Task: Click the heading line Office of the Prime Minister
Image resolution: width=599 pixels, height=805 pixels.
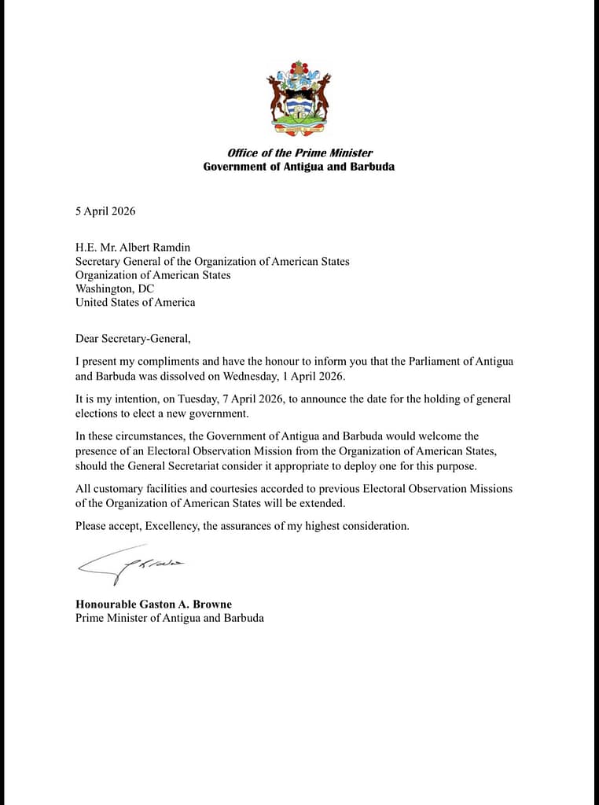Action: pyautogui.click(x=299, y=153)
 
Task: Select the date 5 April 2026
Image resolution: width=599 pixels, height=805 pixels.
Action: pyautogui.click(x=105, y=211)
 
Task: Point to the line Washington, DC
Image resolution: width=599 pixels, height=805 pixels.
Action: pyautogui.click(x=115, y=289)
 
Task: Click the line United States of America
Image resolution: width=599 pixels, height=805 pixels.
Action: pyautogui.click(x=135, y=302)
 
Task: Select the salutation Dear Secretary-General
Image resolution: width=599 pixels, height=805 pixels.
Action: pyautogui.click(x=133, y=340)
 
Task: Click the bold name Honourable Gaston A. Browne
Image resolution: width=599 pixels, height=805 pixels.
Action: pyautogui.click(x=153, y=605)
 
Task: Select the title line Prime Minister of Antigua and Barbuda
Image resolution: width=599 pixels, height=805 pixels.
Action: pyautogui.click(x=170, y=618)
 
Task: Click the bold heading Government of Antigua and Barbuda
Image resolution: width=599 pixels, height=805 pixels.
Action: pyautogui.click(x=299, y=167)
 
